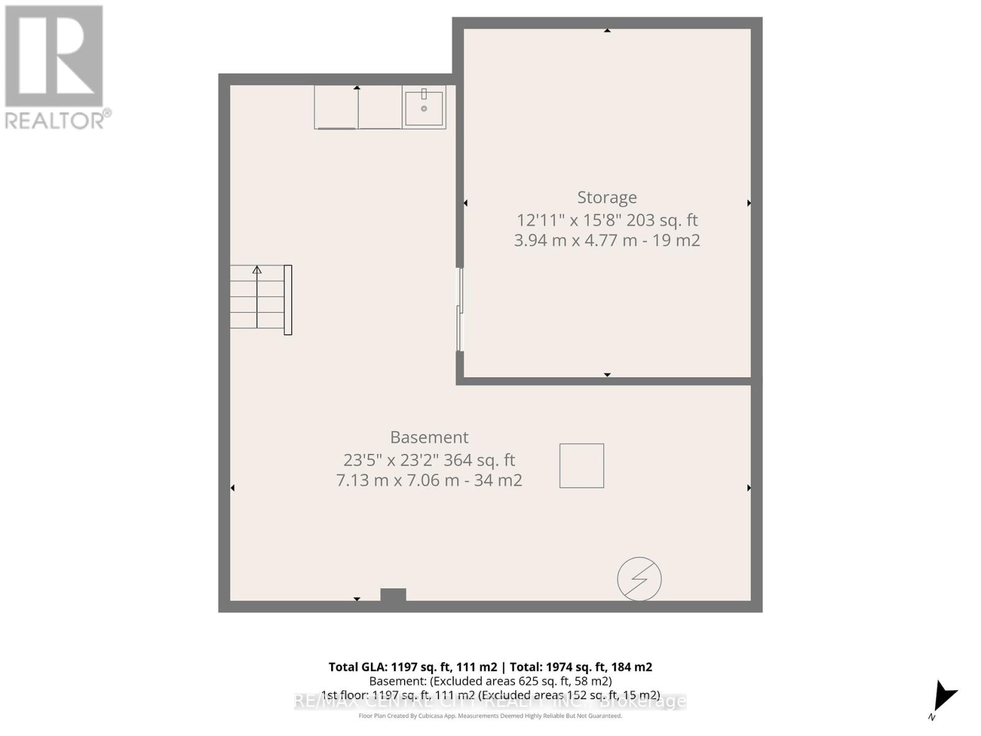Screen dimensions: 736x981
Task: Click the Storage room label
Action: (x=607, y=197)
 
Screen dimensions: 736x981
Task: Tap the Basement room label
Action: (x=429, y=437)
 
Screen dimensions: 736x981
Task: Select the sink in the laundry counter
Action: (x=424, y=109)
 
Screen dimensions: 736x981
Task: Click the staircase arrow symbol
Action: (x=257, y=270)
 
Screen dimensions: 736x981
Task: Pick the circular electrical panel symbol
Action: (x=639, y=578)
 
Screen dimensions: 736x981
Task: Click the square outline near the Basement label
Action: (x=581, y=466)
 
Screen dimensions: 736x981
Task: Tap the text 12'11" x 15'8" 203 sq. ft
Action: (x=607, y=220)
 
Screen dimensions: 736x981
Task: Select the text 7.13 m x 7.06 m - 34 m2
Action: (x=429, y=480)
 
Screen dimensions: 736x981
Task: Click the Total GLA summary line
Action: (x=490, y=667)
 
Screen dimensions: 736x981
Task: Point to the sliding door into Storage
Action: (x=460, y=310)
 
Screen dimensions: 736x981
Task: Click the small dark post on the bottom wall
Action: (x=393, y=594)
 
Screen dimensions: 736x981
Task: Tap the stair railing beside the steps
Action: (x=288, y=300)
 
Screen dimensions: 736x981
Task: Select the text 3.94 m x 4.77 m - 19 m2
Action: (x=607, y=240)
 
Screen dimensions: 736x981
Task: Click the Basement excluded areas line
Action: (x=490, y=681)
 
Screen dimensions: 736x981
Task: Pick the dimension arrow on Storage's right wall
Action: (x=749, y=203)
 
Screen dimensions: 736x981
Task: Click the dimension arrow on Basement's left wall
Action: (x=232, y=488)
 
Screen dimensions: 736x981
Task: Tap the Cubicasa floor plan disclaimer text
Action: (x=490, y=716)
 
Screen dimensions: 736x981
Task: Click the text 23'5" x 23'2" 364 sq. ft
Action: (x=429, y=459)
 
